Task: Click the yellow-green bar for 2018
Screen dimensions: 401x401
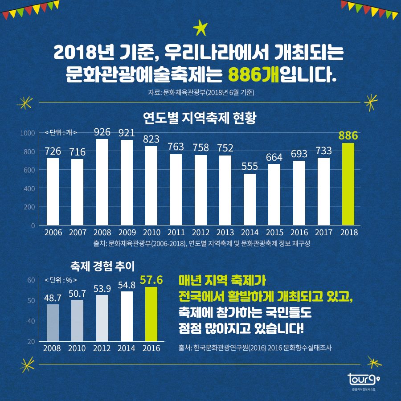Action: click(348, 184)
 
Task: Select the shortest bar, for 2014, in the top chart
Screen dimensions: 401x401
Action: click(250, 199)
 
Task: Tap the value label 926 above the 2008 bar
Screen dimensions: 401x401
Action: click(102, 132)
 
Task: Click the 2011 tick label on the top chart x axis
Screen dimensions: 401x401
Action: click(176, 233)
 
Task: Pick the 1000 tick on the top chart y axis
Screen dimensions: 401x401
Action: click(27, 133)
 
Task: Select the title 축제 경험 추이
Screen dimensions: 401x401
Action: click(102, 266)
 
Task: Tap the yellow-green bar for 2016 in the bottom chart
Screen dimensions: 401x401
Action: click(151, 314)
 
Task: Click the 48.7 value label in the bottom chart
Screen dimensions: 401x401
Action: click(53, 297)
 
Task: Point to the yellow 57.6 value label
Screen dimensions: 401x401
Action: click(151, 280)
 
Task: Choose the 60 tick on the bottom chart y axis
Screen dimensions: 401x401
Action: click(31, 280)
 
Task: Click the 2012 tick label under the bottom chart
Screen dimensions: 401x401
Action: click(102, 348)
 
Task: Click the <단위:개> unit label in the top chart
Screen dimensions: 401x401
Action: click(61, 132)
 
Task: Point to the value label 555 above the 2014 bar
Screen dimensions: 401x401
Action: click(250, 166)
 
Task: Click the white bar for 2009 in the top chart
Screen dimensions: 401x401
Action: click(127, 182)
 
